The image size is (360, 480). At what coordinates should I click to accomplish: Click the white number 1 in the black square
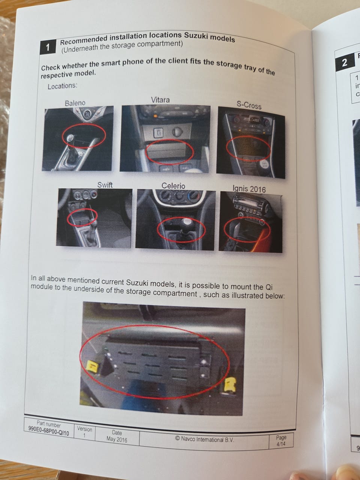pos(48,48)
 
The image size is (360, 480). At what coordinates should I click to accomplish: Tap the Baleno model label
pos(75,103)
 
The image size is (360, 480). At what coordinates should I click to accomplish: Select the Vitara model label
pos(160,100)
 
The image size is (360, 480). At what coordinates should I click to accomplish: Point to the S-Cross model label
pos(249,105)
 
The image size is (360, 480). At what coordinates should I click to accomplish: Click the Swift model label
pos(105,185)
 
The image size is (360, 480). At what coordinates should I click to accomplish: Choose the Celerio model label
pos(173,186)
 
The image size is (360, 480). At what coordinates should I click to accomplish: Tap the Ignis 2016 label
pos(249,189)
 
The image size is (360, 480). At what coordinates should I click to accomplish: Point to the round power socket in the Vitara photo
pos(176,132)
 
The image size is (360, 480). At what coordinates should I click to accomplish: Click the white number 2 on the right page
pos(345,63)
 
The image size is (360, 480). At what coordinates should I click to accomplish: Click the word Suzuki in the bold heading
pos(196,36)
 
